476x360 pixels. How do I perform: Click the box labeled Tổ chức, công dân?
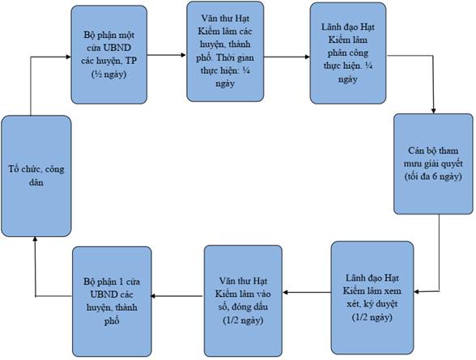click(x=36, y=176)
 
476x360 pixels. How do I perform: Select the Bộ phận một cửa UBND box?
click(x=109, y=54)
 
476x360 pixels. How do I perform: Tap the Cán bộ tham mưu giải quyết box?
click(x=433, y=163)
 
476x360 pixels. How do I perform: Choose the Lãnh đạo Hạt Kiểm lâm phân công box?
click(x=348, y=53)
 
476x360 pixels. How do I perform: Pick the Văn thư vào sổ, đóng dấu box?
click(x=243, y=301)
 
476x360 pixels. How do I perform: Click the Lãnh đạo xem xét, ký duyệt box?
click(x=372, y=298)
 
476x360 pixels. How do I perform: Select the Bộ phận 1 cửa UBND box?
click(x=112, y=301)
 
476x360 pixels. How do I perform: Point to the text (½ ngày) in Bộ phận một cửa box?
click(x=109, y=74)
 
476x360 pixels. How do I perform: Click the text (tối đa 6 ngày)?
click(x=433, y=176)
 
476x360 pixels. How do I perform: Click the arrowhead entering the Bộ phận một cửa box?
click(x=69, y=57)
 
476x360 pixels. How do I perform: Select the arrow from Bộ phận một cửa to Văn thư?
click(x=167, y=55)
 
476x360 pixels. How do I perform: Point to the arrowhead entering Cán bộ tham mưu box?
click(x=434, y=111)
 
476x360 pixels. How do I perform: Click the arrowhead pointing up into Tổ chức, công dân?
click(x=36, y=239)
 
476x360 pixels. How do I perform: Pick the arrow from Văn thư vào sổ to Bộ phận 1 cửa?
click(x=177, y=296)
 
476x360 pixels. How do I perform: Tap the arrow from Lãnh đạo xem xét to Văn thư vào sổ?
click(x=307, y=292)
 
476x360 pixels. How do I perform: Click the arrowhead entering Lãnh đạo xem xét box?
click(x=416, y=292)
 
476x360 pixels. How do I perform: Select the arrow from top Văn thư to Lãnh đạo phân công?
click(x=287, y=57)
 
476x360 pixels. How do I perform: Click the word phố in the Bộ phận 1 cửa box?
click(x=112, y=321)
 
